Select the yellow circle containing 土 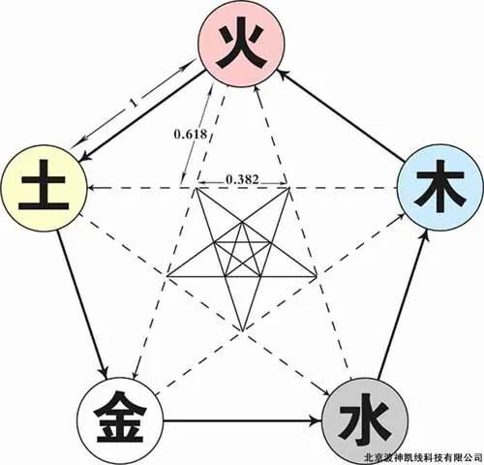pyautogui.click(x=44, y=189)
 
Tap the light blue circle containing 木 pyautogui.click(x=439, y=187)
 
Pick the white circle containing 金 pyautogui.click(x=120, y=421)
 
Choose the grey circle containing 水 pyautogui.click(x=365, y=421)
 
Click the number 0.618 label pyautogui.click(x=190, y=134)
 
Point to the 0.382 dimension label pyautogui.click(x=242, y=179)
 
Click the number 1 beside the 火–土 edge pyautogui.click(x=133, y=103)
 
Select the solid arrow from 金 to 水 pyautogui.click(x=243, y=420)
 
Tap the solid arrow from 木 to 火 pyautogui.click(x=342, y=115)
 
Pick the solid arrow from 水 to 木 pyautogui.click(x=403, y=304)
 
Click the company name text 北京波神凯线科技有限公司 pyautogui.click(x=423, y=457)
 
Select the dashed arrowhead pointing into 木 pyautogui.click(x=400, y=216)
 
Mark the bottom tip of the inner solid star pyautogui.click(x=242, y=331)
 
